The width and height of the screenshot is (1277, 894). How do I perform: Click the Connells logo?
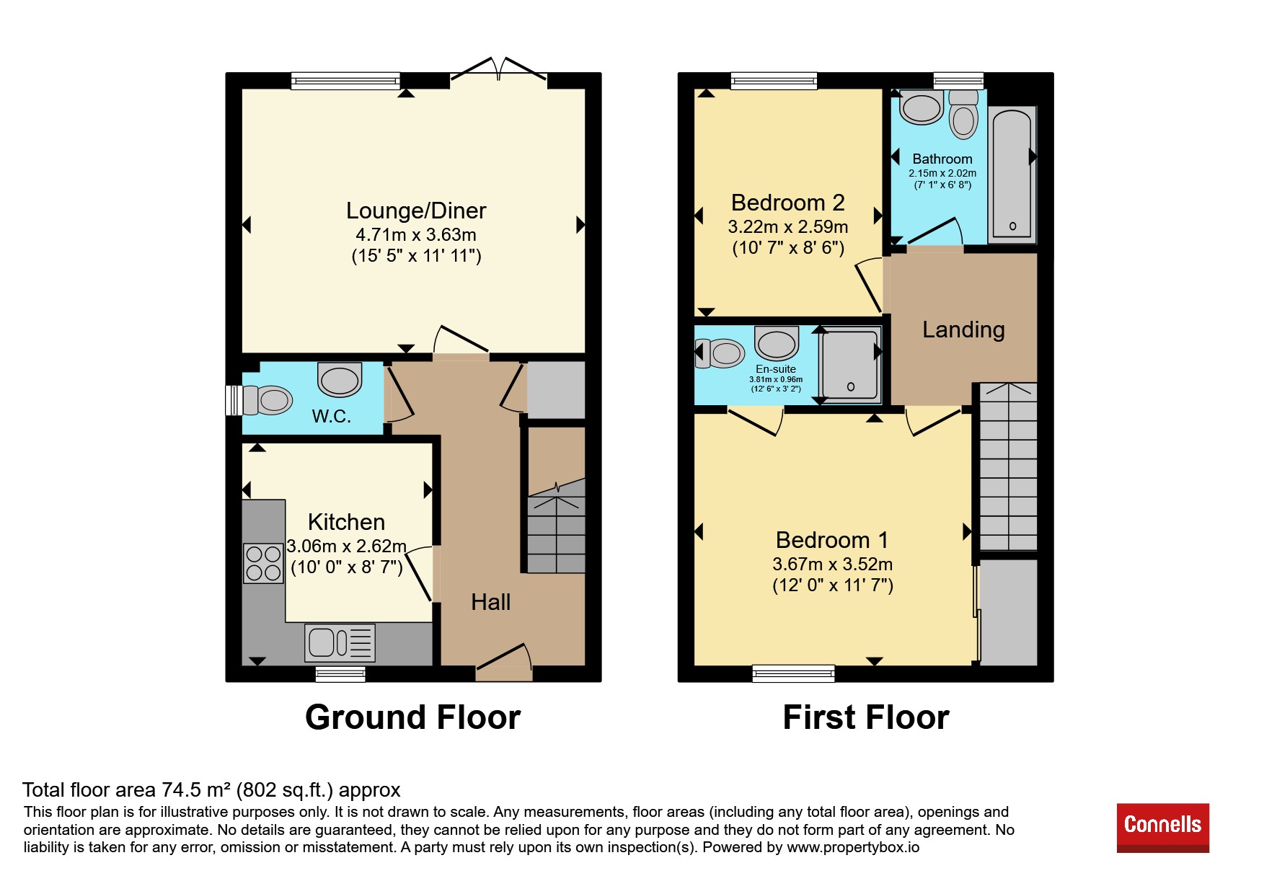coord(1162,827)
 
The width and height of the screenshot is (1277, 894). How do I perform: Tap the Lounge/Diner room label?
coord(416,211)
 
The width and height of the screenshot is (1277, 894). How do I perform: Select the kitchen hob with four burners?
coord(263,563)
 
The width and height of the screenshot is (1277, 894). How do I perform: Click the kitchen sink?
coord(340,642)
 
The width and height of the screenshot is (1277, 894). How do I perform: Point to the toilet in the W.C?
coord(267,400)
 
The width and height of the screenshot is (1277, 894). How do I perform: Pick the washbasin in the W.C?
coord(340,379)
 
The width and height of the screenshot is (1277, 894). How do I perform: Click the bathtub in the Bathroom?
coord(1012,173)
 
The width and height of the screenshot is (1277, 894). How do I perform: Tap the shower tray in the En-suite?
coord(851,364)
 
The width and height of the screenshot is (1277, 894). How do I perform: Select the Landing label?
coord(963,329)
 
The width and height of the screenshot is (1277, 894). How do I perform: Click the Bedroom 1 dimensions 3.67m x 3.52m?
coord(833,564)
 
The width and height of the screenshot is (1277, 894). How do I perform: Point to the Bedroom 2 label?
coord(787,203)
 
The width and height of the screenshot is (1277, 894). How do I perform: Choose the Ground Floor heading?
coord(412,717)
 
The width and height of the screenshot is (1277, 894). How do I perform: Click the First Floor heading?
coord(866,717)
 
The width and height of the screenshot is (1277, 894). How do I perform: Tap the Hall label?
coord(490,602)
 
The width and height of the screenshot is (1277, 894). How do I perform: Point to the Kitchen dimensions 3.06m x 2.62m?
coord(346,546)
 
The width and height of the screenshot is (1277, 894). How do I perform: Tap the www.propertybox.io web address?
coord(853,847)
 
